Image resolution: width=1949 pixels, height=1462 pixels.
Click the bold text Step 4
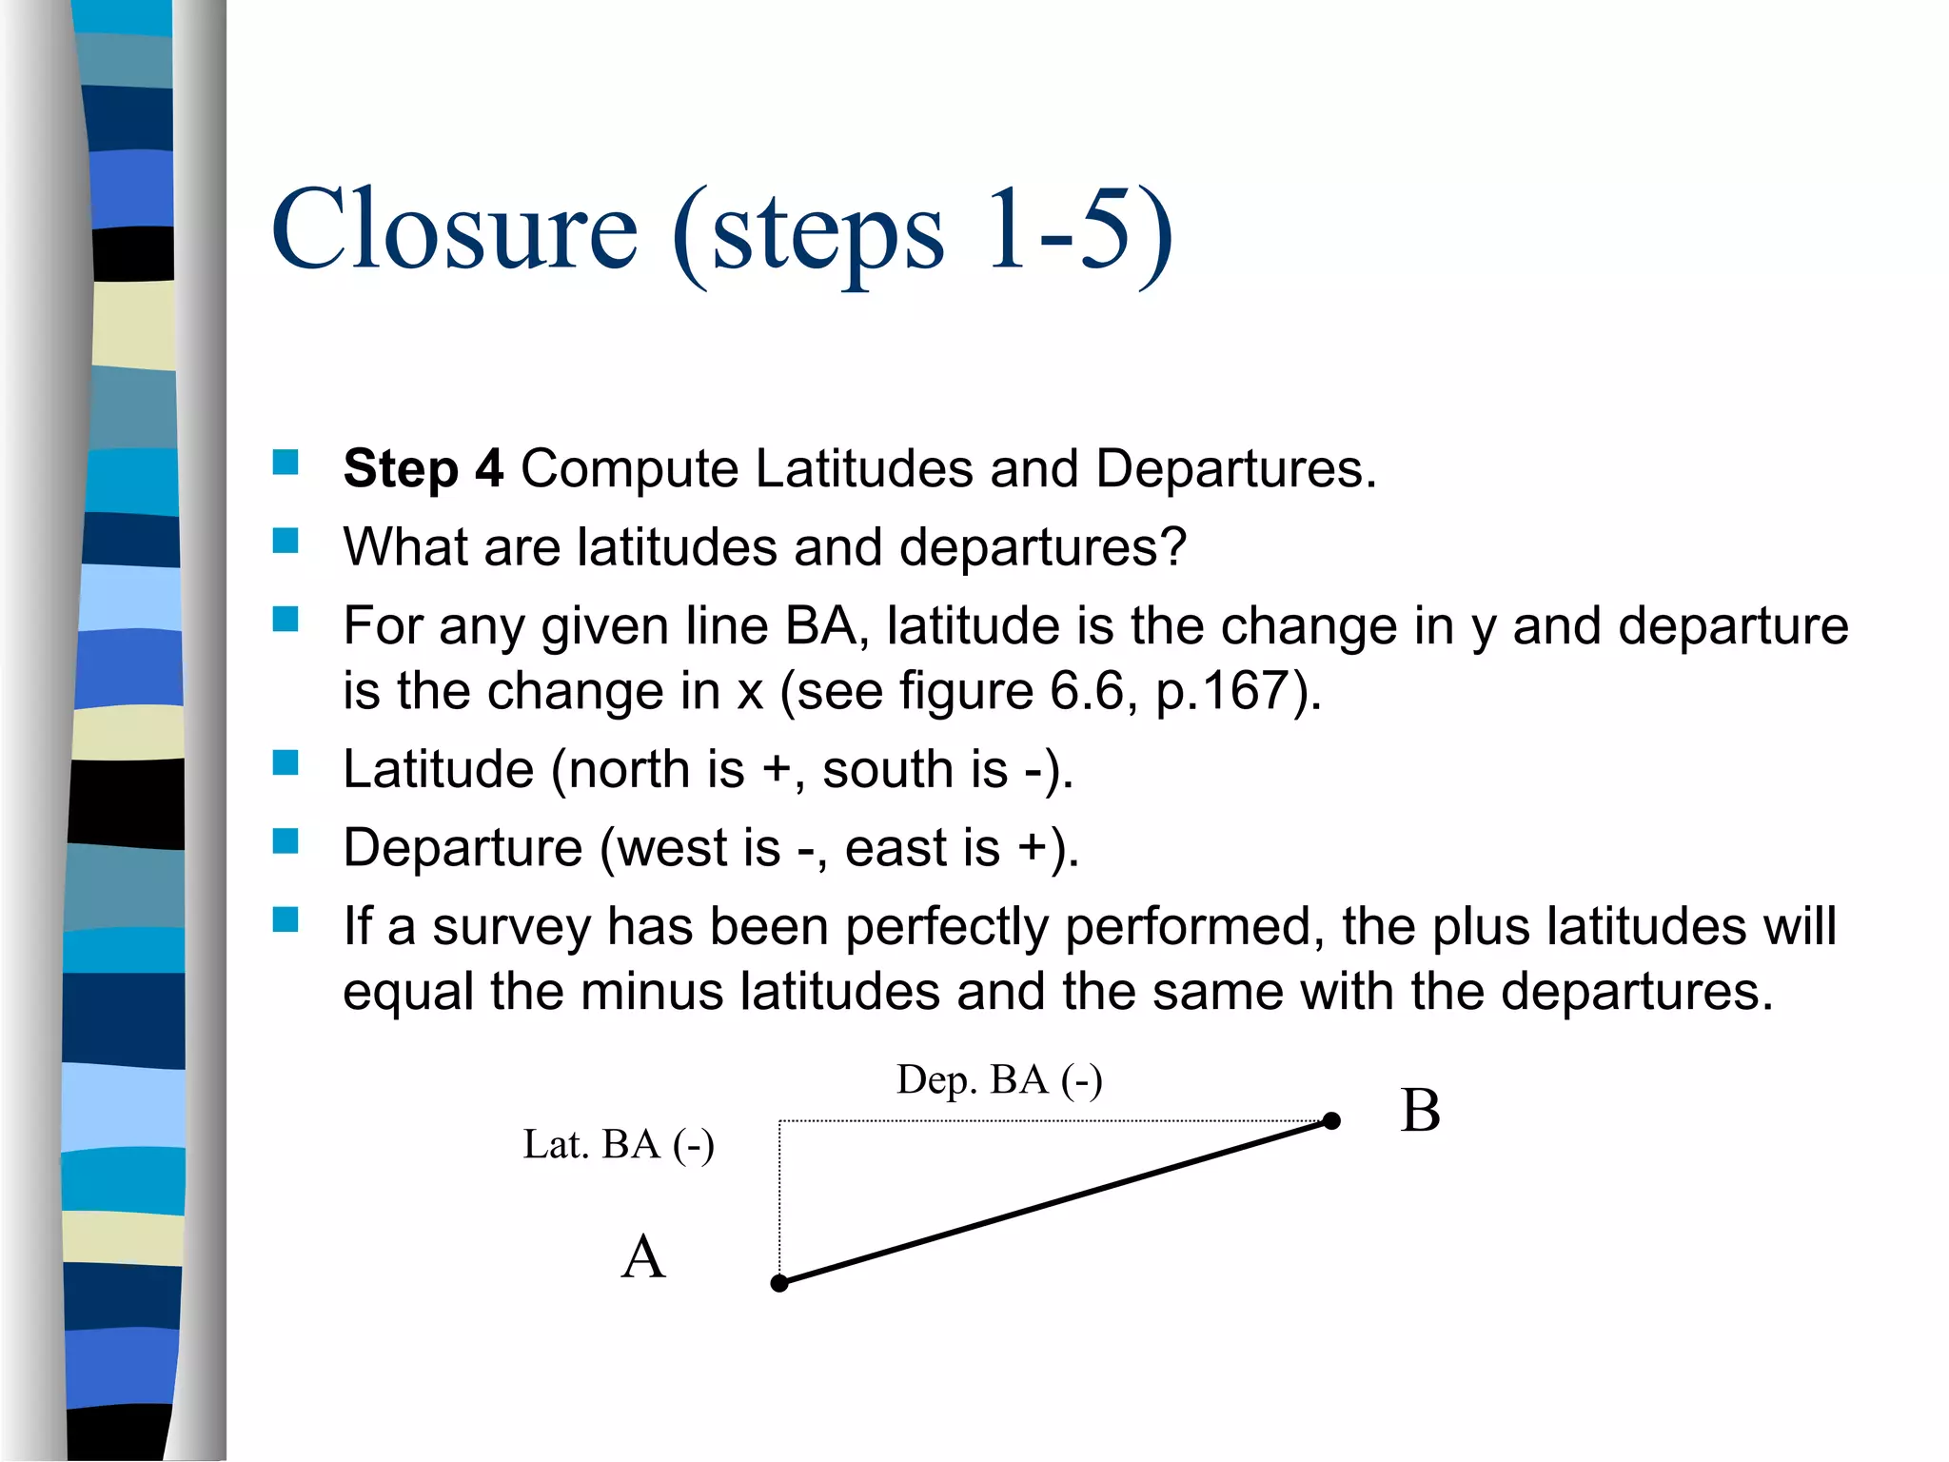click(423, 468)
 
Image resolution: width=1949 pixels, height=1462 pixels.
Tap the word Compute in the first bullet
click(629, 468)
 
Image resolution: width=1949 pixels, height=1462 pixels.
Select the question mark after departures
click(1174, 547)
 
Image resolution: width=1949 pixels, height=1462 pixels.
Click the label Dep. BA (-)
click(999, 1080)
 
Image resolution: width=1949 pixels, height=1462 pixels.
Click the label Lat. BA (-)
click(619, 1144)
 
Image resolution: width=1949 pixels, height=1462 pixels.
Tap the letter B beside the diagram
click(1420, 1111)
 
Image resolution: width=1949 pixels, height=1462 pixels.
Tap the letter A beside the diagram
click(643, 1256)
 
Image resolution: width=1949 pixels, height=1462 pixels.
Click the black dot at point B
click(1332, 1121)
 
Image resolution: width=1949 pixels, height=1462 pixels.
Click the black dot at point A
click(779, 1283)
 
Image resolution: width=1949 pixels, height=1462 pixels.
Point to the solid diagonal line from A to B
click(1056, 1202)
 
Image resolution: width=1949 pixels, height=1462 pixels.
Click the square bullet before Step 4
click(285, 463)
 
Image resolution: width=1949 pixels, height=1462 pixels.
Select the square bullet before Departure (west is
click(285, 841)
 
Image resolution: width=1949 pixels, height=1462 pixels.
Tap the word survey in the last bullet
click(511, 926)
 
